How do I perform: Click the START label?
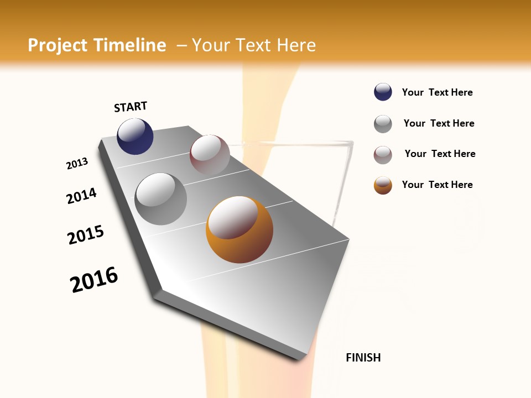coord(131,107)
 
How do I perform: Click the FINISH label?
coord(363,358)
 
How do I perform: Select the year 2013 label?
coord(77,164)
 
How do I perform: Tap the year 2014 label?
coord(81,196)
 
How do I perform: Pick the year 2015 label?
coord(86,235)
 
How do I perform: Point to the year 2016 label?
coord(94,279)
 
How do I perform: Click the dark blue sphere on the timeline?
coord(135,136)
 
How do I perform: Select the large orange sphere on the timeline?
coord(240,229)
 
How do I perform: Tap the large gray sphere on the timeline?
coord(161,199)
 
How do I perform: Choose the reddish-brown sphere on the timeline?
coord(210,155)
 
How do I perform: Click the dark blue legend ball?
coord(383,92)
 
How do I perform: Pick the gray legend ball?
coord(383,124)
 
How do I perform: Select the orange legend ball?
coord(383,185)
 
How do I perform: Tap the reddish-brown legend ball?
coord(383,155)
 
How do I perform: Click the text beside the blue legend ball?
coord(437,92)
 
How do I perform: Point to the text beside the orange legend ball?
coord(437,185)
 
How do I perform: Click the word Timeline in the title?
coord(130,45)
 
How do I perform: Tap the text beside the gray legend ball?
coord(439,123)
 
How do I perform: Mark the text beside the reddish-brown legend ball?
coord(440,154)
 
